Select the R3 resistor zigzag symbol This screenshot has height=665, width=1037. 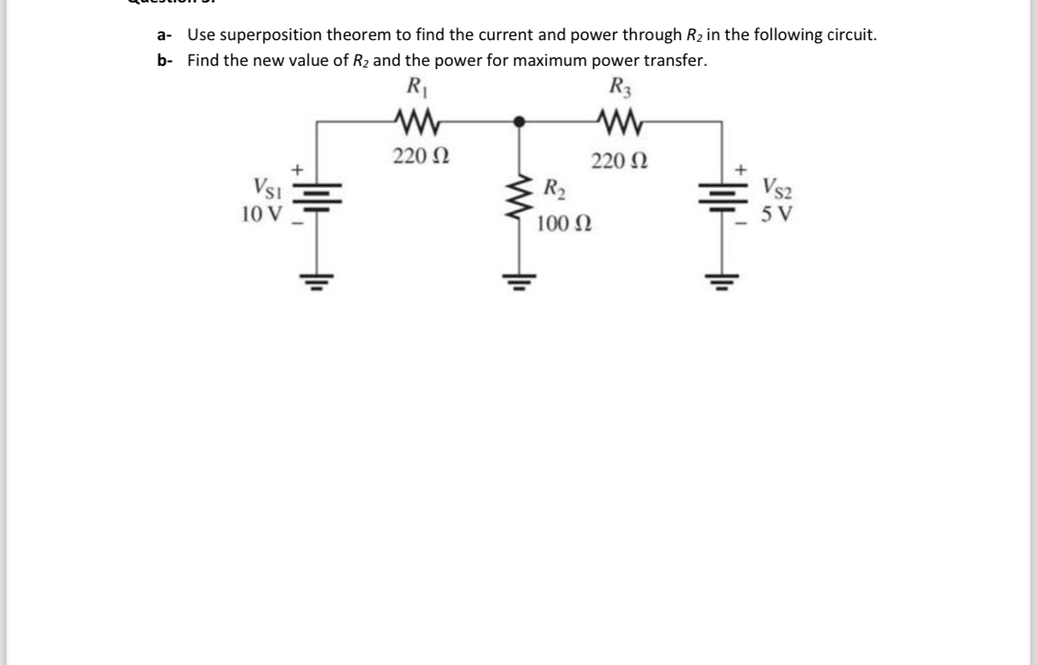point(620,122)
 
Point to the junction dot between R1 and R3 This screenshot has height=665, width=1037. point(519,122)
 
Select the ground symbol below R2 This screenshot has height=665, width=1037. point(519,282)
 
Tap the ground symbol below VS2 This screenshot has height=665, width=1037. point(721,282)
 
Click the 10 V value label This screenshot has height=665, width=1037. point(261,214)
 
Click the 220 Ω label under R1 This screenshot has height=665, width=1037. point(420,156)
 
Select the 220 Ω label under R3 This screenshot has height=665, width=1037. point(619,161)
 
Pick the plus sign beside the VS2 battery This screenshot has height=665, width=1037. point(741,169)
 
